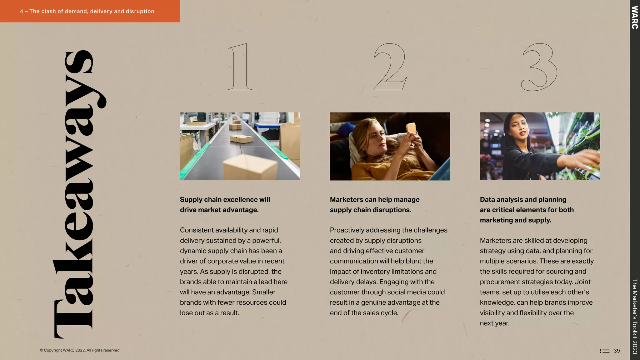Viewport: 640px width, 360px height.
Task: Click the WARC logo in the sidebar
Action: [x=635, y=17]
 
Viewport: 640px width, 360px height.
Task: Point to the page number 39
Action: [x=617, y=351]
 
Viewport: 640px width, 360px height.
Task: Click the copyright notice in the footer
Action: [x=80, y=350]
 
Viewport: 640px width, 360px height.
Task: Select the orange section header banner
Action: [x=90, y=11]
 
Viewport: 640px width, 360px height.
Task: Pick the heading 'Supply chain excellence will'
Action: [x=225, y=200]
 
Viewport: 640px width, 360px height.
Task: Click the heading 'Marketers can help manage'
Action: [x=375, y=200]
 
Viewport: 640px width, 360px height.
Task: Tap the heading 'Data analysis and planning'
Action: [x=523, y=200]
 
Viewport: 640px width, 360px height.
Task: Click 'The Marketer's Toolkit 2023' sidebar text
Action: [x=635, y=316]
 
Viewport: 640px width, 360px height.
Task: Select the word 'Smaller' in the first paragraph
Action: [x=264, y=292]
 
